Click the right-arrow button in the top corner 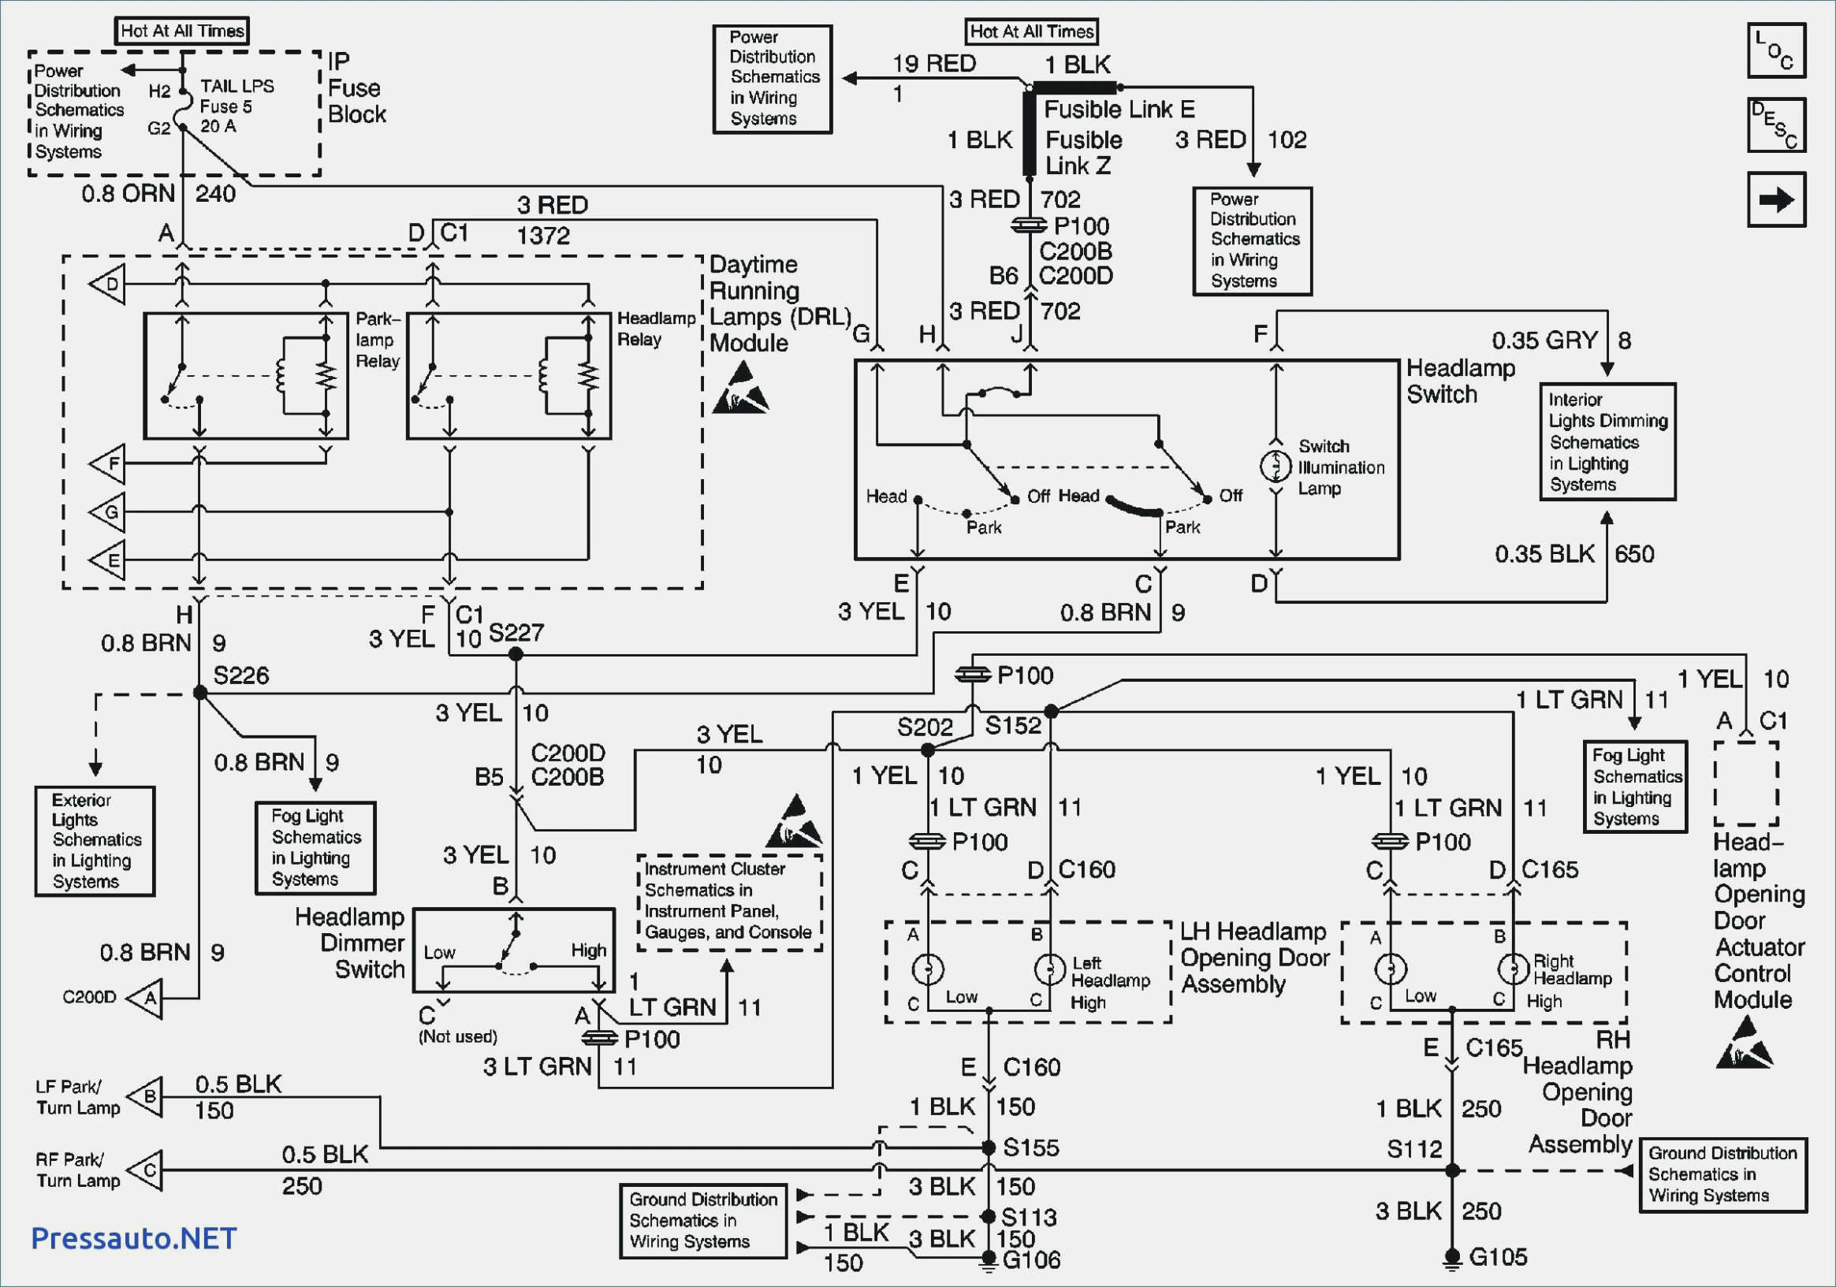1776,199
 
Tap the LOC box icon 1776,50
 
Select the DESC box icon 1776,125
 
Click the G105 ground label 1498,1256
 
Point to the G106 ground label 1032,1260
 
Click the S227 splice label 516,632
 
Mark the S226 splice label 240,675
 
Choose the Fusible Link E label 1119,109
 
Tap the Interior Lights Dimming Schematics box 1607,442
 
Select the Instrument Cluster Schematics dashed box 729,902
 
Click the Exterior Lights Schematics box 95,841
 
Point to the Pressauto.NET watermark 133,1238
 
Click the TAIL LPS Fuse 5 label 236,106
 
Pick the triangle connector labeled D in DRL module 107,284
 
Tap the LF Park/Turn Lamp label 77,1097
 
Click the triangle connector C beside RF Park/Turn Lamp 145,1170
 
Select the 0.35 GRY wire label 1544,340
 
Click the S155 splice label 1031,1148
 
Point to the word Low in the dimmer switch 439,952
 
